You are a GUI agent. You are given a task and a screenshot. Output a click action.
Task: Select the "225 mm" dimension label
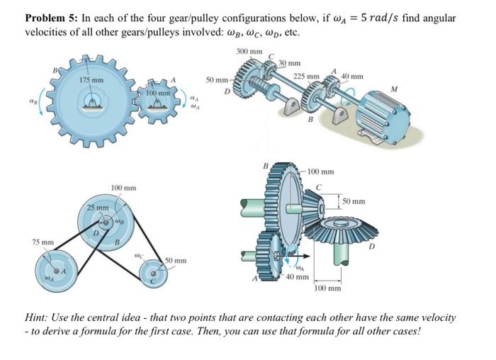pos(306,76)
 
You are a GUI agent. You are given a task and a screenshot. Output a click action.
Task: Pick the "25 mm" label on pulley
pos(97,207)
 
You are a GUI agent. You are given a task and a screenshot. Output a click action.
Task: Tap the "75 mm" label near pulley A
pos(43,242)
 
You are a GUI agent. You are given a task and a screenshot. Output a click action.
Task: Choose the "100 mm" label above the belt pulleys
pos(124,187)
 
